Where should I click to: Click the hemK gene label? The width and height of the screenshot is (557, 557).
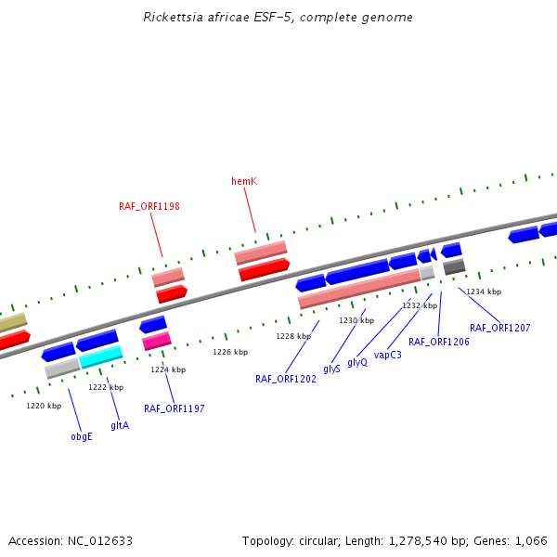click(244, 181)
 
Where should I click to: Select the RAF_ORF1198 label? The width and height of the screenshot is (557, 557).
click(149, 206)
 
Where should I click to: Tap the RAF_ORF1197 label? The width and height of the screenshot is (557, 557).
click(175, 408)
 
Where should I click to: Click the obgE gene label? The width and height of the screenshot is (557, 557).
click(82, 436)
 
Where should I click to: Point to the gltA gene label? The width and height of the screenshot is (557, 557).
click(120, 425)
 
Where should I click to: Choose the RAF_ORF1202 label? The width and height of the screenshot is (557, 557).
click(286, 379)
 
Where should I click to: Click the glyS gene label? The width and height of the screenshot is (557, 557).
click(331, 369)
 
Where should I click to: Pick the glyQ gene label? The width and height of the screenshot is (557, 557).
click(357, 362)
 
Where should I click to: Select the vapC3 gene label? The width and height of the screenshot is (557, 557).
click(388, 355)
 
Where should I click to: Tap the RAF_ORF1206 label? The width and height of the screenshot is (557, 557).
click(439, 342)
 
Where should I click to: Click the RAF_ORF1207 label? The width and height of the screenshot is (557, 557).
click(500, 328)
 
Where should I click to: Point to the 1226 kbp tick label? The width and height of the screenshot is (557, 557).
click(230, 353)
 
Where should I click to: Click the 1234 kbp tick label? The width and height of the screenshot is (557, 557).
click(484, 291)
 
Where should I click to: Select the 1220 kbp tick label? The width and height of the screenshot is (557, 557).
click(44, 406)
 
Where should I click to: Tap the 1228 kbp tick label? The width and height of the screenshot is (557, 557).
click(293, 336)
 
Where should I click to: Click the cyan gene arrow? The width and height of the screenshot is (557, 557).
click(100, 356)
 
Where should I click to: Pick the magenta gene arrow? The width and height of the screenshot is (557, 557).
click(156, 342)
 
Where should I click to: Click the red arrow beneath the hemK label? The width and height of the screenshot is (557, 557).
click(264, 270)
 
